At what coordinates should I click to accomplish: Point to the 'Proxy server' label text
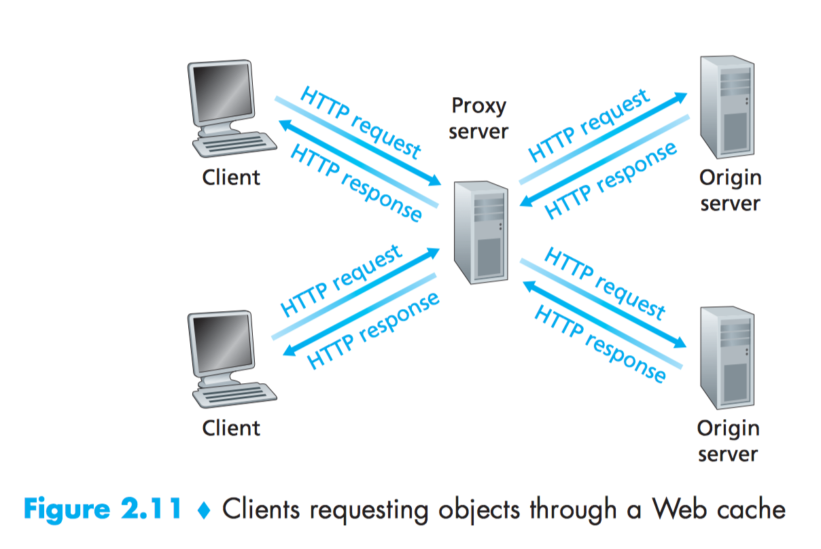(478, 118)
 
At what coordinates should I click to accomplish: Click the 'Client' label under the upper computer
(231, 178)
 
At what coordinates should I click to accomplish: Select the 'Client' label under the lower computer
(231, 428)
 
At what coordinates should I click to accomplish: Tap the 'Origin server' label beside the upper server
(730, 190)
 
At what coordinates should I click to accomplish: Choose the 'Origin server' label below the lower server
(728, 440)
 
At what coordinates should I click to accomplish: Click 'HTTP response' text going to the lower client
(374, 330)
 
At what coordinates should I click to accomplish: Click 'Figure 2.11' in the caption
(102, 510)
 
